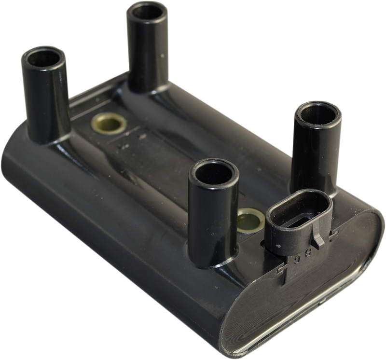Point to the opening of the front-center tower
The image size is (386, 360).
[212, 172]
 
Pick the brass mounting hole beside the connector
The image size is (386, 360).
[252, 217]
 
